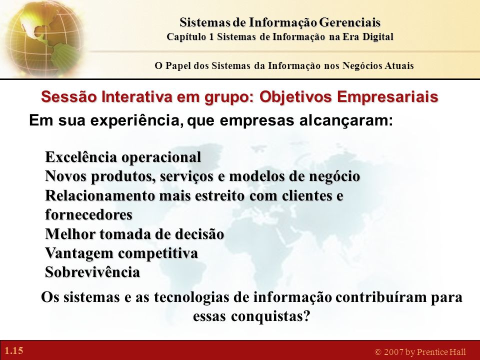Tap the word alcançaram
point(346,121)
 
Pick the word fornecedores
point(89,214)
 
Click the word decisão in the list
point(199,234)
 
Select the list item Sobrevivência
point(92,272)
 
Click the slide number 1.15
point(14,350)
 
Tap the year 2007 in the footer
point(393,352)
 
